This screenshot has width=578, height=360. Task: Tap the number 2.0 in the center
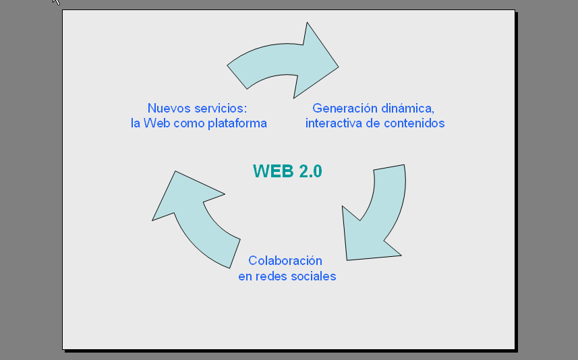pos(310,171)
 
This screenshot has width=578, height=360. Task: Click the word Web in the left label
pos(154,123)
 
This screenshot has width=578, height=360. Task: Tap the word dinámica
pos(407,109)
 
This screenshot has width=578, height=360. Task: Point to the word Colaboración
pos(285,261)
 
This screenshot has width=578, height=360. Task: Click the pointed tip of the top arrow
pos(338,67)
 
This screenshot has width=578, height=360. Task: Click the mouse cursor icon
pos(56,2)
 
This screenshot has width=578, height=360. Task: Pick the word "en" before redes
pos(245,276)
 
